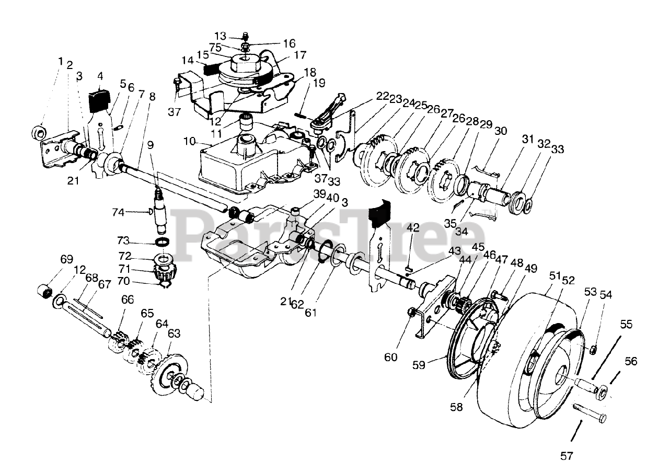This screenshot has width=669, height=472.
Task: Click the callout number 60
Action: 391,358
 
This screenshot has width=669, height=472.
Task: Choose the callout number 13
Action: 221,36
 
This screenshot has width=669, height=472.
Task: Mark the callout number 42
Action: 413,227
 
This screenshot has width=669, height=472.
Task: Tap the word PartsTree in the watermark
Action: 329,235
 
